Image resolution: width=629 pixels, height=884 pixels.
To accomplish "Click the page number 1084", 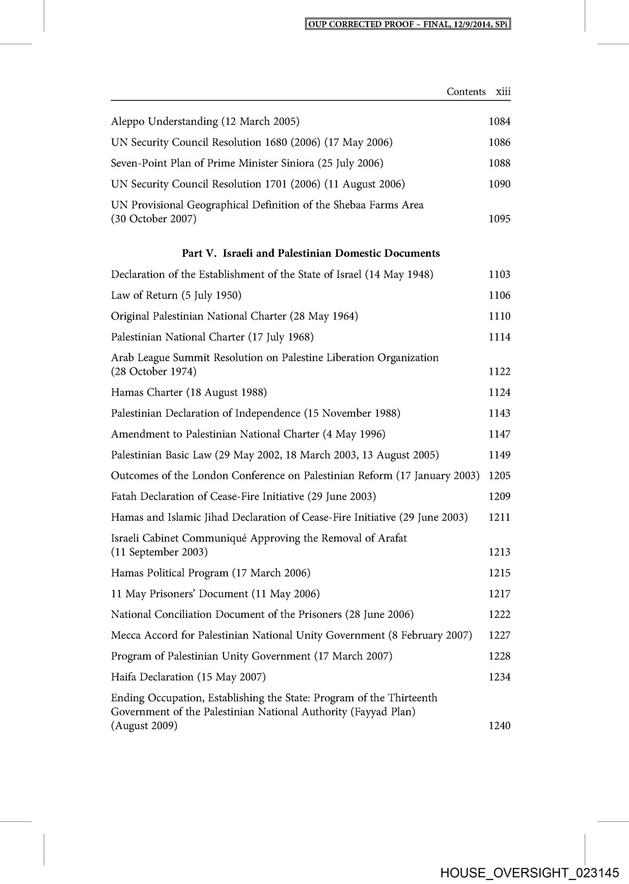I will [500, 122].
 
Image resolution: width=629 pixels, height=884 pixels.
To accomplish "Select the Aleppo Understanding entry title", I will [205, 122].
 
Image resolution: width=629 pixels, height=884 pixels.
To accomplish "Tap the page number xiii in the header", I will [503, 92].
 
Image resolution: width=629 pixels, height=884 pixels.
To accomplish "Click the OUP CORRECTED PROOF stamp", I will [409, 24].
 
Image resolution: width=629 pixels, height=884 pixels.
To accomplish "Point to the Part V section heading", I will [311, 253].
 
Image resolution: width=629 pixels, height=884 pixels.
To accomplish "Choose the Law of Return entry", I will [176, 295].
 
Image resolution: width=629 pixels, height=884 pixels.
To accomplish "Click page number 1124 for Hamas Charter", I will [500, 392].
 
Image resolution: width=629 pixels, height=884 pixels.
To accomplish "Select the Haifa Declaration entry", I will [188, 677].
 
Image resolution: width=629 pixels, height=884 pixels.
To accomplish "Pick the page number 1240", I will [500, 726].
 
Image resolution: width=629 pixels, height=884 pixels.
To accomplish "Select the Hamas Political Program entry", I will [211, 573].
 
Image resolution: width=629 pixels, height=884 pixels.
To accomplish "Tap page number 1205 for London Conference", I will [500, 476].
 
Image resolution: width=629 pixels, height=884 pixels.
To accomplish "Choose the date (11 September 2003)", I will [159, 552].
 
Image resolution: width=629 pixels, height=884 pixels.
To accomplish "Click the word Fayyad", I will [370, 712].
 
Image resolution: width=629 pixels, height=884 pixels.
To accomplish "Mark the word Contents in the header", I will [466, 92].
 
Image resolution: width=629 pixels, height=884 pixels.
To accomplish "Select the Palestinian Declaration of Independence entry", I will [255, 413].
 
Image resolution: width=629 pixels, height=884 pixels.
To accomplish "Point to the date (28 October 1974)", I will [153, 372].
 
